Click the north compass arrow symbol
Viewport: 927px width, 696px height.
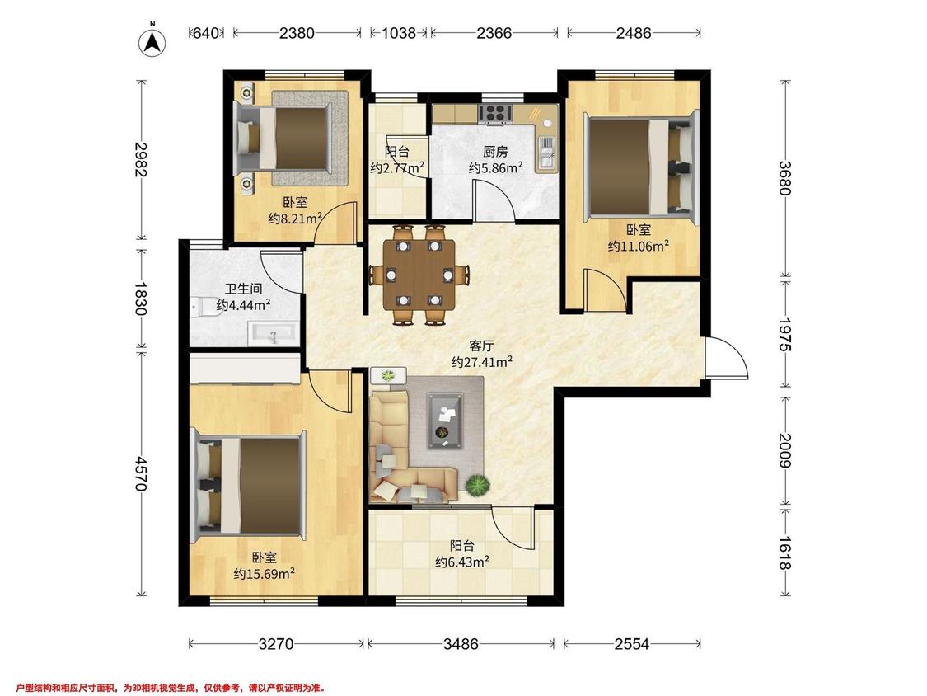tap(152, 41)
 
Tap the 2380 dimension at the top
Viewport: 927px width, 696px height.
tap(297, 33)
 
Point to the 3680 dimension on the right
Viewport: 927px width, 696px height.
tap(784, 178)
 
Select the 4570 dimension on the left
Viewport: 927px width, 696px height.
tap(141, 473)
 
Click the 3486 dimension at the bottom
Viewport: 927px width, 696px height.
tap(461, 643)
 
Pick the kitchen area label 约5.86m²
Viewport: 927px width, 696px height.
tap(495, 167)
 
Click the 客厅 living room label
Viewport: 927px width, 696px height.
tap(481, 346)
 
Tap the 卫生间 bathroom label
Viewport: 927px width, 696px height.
tap(243, 289)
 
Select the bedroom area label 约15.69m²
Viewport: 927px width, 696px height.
tap(265, 573)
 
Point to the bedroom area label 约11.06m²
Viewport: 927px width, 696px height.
tap(639, 245)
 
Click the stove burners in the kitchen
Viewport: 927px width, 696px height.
tap(495, 113)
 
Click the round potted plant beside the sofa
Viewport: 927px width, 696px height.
tap(477, 486)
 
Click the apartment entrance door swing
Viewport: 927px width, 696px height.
tap(727, 357)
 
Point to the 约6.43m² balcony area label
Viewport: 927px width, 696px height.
tap(462, 562)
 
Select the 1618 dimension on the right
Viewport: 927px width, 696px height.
tap(784, 553)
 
